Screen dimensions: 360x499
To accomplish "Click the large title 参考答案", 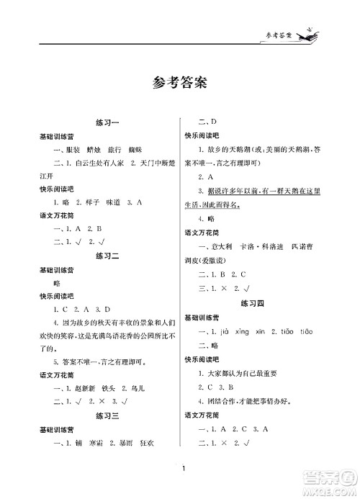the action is (179, 81).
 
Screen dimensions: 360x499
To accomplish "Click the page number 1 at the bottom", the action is (184, 471).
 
